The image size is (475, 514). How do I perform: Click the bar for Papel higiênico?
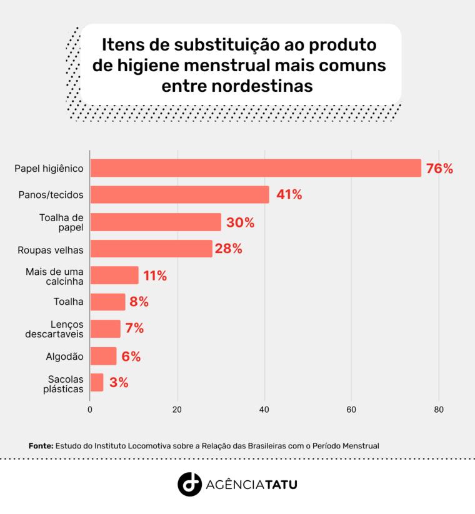tap(256, 168)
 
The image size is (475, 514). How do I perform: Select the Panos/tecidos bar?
tap(179, 195)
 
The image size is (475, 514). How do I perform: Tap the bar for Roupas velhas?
tap(151, 249)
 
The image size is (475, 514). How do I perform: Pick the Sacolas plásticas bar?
tap(97, 382)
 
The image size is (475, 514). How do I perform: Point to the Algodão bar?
tap(103, 356)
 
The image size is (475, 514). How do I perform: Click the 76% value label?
tap(439, 169)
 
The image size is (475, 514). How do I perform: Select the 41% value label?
tap(289, 195)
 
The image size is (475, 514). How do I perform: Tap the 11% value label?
tap(155, 275)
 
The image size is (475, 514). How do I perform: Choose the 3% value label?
tap(119, 383)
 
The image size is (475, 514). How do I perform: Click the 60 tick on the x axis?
tap(351, 410)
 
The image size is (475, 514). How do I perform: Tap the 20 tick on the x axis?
tap(177, 410)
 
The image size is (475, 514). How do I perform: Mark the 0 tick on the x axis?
tap(90, 410)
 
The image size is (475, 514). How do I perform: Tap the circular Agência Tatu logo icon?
tap(189, 484)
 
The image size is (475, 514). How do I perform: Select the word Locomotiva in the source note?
tap(151, 446)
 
